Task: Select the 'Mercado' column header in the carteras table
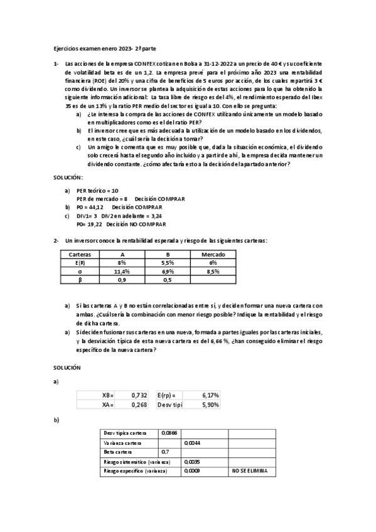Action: coord(213,254)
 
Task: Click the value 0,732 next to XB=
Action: coord(139,395)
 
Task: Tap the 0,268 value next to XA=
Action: coord(139,405)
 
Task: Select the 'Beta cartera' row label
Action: coord(117,452)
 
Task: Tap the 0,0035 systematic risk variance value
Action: coord(192,461)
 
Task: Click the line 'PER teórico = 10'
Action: coord(97,190)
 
